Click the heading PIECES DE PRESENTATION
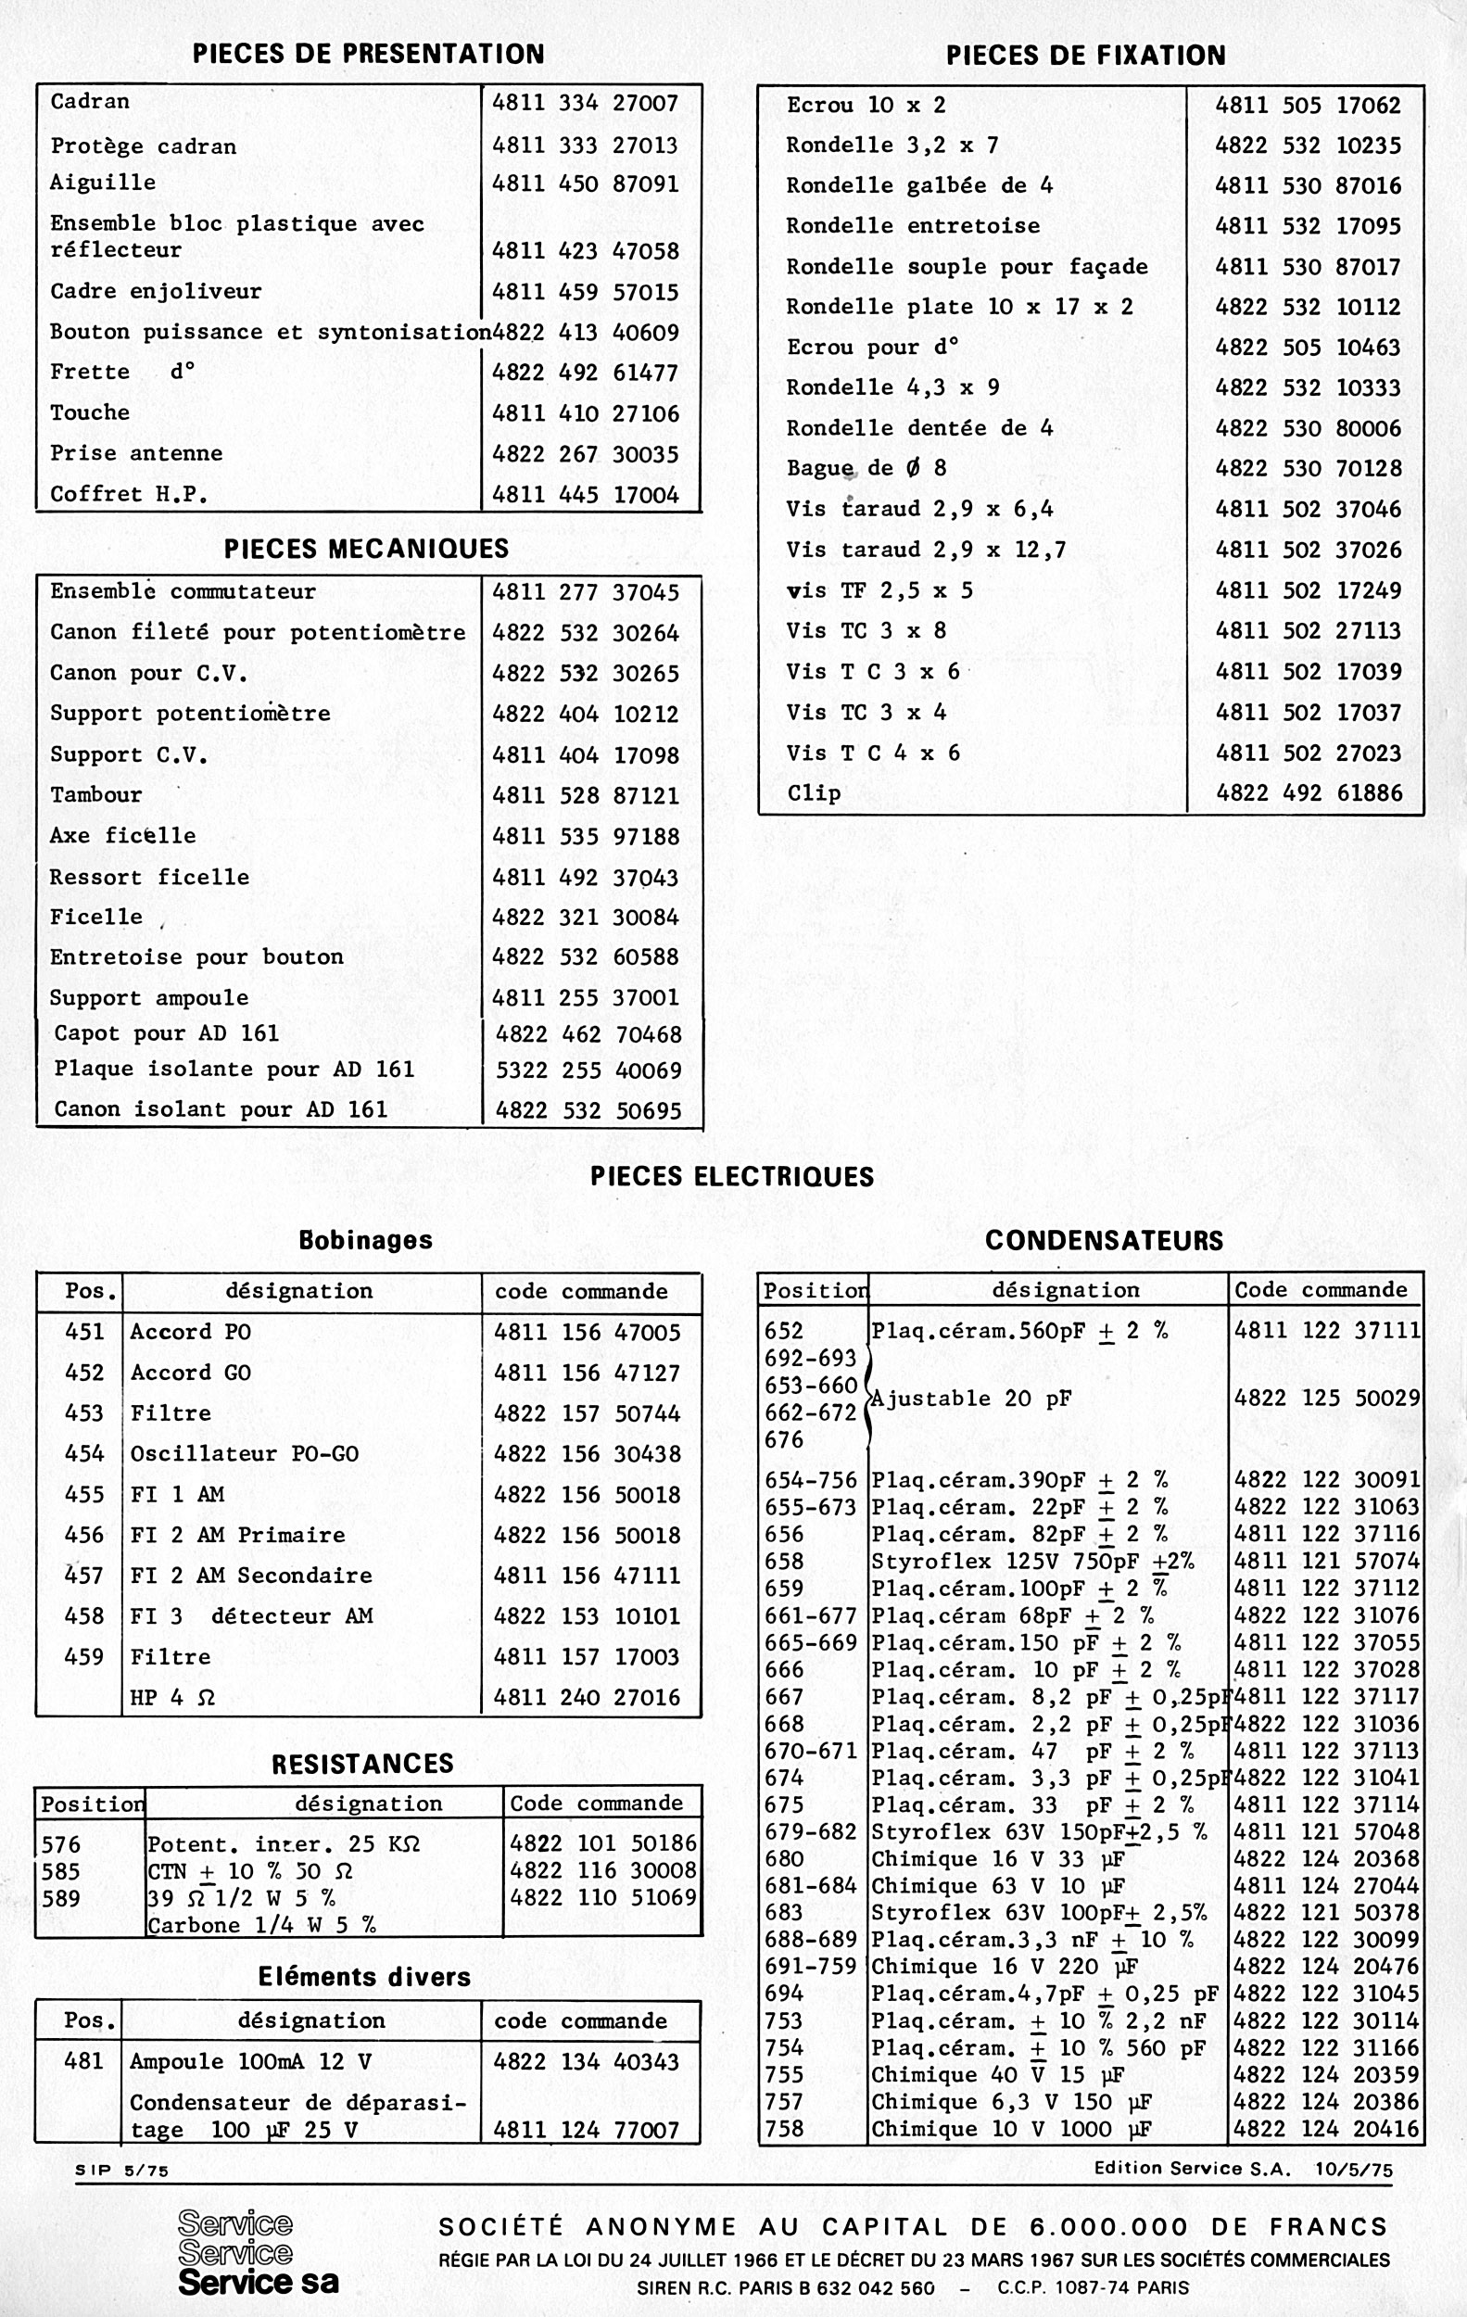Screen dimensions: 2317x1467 click(x=369, y=54)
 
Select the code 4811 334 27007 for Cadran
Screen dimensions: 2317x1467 click(x=585, y=103)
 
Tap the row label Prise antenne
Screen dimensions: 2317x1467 click(x=136, y=453)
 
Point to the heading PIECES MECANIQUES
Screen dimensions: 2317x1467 click(x=366, y=549)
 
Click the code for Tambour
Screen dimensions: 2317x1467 click(x=585, y=796)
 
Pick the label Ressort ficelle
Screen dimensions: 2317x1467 click(x=149, y=877)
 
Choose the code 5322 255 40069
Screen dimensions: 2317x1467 click(x=588, y=1070)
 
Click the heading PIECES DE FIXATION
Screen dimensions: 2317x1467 click(x=1086, y=56)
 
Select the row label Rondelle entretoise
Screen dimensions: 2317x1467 click(x=913, y=226)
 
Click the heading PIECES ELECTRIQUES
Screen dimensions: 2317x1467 click(x=732, y=1177)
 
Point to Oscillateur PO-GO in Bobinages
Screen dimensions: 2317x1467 click(x=245, y=1453)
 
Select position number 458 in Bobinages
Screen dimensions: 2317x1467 click(x=83, y=1615)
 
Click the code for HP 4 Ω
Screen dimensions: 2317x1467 click(x=587, y=1697)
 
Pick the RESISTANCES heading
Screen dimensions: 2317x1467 click(x=362, y=1764)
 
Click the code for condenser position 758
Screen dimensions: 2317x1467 click(x=1326, y=2130)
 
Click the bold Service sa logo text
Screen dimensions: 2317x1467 click(x=258, y=2282)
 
